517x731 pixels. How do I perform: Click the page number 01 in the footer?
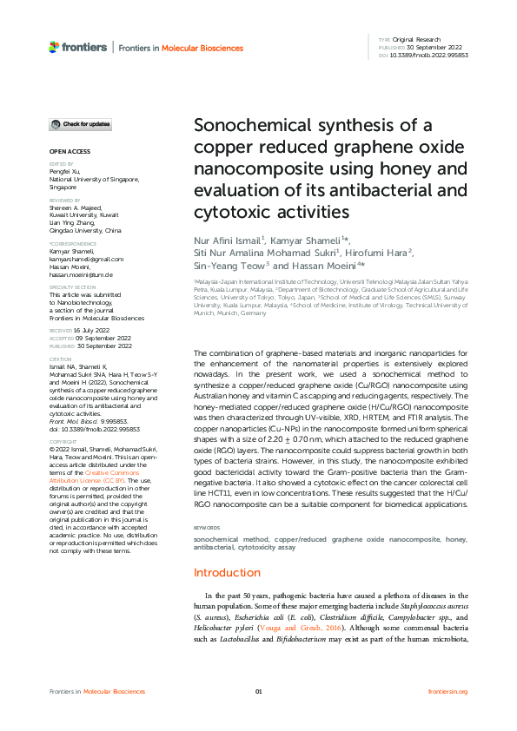coord(258,691)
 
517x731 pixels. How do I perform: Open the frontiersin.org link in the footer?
coord(448,691)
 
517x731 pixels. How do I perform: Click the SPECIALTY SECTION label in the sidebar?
coord(72,286)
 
